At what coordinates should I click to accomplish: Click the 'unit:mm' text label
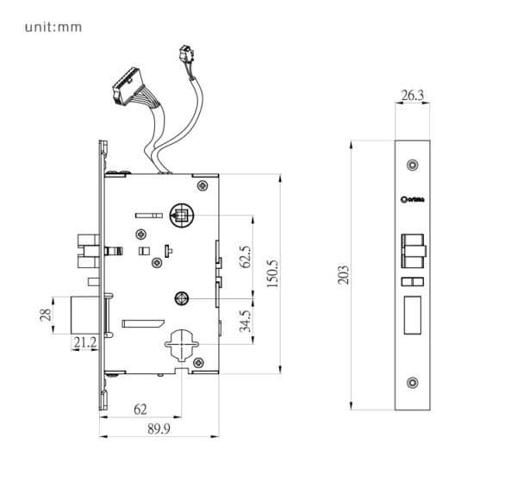point(53,27)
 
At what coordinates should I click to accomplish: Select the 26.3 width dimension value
point(412,96)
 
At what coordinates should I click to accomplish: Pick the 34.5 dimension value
point(246,321)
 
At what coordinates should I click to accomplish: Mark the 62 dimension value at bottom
point(139,409)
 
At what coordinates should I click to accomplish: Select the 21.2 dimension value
point(84,343)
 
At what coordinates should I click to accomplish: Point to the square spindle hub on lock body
point(183,216)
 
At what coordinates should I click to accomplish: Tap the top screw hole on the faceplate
point(413,164)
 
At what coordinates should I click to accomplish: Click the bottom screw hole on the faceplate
point(413,384)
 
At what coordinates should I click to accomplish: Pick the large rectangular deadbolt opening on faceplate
point(412,314)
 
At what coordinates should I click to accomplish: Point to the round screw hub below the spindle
point(183,299)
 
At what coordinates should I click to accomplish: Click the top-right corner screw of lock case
point(202,185)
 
